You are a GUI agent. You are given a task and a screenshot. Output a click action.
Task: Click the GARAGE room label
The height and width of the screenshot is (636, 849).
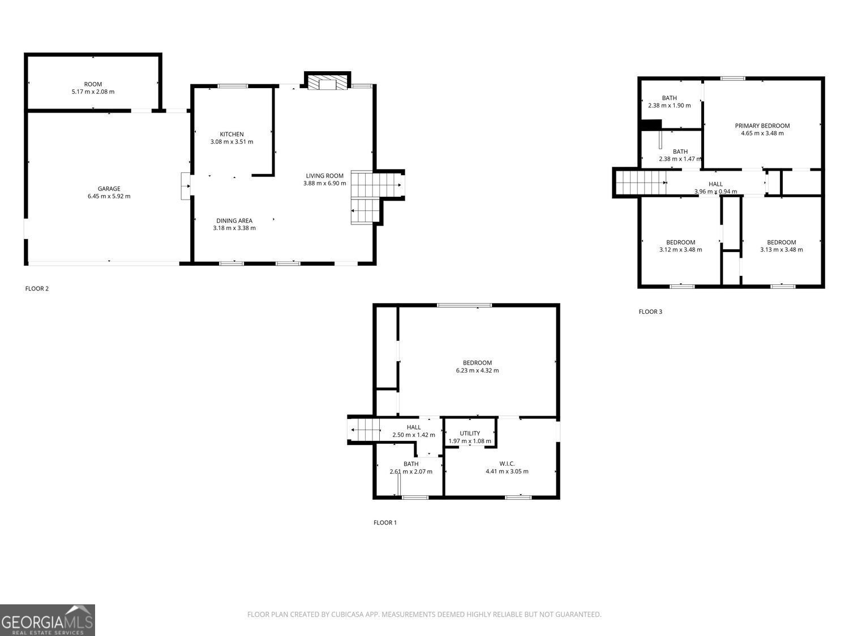point(109,189)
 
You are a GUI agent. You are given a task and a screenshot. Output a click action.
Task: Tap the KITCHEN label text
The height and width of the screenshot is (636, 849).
point(231,134)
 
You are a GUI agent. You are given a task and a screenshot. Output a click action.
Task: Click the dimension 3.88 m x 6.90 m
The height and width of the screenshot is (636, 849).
point(324,183)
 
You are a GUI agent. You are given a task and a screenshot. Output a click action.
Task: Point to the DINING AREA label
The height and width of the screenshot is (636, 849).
point(234,220)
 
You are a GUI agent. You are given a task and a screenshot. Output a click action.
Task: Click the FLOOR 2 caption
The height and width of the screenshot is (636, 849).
point(37,289)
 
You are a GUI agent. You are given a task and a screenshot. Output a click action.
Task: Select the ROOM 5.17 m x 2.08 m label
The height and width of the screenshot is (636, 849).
point(93,88)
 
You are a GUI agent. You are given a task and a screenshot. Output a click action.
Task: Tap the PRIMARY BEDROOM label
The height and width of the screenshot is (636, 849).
point(762,126)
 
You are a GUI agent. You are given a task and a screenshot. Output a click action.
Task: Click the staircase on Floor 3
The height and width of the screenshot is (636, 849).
point(640,183)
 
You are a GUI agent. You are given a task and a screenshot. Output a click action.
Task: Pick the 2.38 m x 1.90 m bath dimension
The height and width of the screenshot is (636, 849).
point(669,106)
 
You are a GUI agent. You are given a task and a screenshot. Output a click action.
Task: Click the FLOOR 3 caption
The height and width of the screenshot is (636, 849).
point(650,311)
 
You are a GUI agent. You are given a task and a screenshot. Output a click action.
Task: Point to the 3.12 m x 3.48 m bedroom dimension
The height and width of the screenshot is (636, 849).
point(680,250)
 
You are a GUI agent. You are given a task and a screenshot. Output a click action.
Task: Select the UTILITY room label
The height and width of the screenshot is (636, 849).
point(470,434)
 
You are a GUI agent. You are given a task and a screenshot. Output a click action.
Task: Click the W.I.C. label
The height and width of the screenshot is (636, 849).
point(507,464)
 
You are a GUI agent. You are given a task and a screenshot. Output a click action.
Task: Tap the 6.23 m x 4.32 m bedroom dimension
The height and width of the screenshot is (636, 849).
point(477,371)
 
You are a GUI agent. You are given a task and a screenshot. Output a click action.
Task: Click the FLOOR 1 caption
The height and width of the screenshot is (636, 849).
point(385,522)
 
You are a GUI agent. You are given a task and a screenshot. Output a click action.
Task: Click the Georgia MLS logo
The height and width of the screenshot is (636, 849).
point(48,620)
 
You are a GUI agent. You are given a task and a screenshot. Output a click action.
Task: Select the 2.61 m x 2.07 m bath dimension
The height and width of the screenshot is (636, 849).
point(411,471)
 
